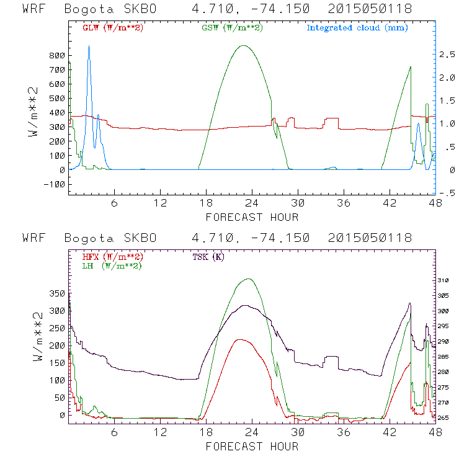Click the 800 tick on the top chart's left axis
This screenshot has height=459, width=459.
click(x=56, y=55)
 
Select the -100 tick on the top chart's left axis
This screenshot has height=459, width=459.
click(x=54, y=184)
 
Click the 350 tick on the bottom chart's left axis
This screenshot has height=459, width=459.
click(x=56, y=293)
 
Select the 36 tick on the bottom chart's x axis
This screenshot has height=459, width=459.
click(x=344, y=433)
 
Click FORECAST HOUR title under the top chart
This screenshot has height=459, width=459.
click(x=252, y=217)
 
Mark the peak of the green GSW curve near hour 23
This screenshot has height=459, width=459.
click(x=244, y=45)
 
